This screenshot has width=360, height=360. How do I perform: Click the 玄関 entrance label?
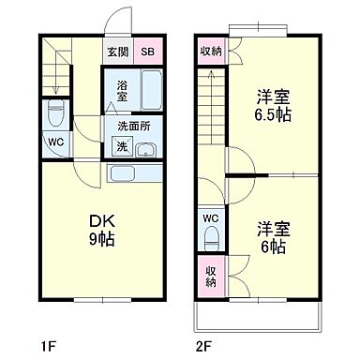point(117,52)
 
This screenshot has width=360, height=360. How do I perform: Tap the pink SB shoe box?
point(148,52)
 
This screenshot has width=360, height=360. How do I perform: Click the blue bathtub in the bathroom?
point(150,92)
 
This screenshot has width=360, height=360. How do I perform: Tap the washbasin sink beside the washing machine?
point(148,147)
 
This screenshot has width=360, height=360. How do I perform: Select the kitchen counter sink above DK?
point(125,172)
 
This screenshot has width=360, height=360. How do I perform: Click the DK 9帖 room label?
point(101,229)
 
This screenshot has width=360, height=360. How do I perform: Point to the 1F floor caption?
point(48,343)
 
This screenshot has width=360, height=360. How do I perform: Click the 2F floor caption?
point(202,343)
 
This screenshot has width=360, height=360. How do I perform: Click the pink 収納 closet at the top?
point(210,52)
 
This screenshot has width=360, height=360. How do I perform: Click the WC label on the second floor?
point(210,220)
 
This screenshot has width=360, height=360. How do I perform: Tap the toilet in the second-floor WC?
point(210,239)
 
